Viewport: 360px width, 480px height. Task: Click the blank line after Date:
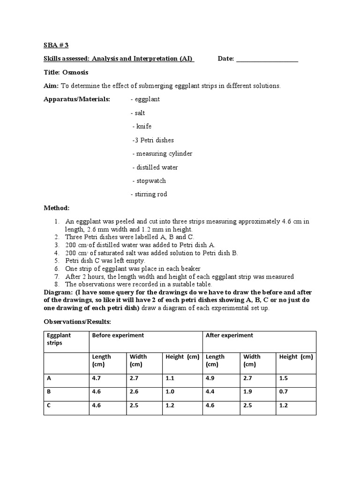click(x=267, y=59)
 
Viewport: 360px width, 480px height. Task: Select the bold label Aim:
click(x=51, y=86)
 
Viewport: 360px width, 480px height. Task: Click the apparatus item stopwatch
click(x=149, y=181)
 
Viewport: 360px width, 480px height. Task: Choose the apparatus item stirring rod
click(x=149, y=195)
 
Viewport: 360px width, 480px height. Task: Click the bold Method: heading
click(x=57, y=208)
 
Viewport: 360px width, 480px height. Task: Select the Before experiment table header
click(x=118, y=336)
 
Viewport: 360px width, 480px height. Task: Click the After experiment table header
click(x=229, y=336)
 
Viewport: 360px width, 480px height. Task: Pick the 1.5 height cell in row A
click(x=284, y=378)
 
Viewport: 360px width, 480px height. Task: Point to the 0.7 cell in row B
click(x=284, y=392)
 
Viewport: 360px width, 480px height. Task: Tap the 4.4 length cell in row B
click(x=210, y=392)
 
